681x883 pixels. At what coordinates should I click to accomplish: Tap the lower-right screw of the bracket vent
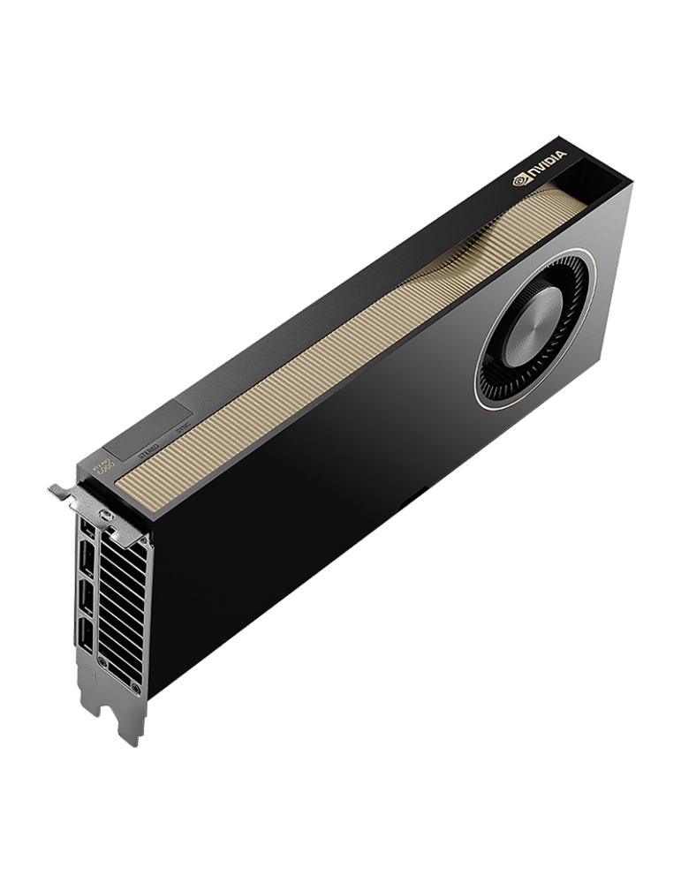[x=135, y=687]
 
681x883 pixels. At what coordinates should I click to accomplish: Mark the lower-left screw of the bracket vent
[x=102, y=660]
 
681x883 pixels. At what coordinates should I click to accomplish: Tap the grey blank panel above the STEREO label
[x=155, y=424]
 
